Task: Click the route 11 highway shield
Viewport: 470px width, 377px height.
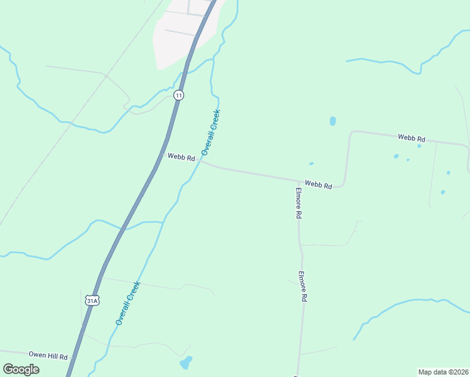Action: pos(179,95)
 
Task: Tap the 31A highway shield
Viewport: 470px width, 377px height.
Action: pos(92,300)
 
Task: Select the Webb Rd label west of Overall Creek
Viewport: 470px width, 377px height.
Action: pos(181,157)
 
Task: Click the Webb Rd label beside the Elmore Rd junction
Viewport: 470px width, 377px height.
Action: pos(318,185)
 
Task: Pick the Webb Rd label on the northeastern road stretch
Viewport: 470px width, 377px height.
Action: pos(412,138)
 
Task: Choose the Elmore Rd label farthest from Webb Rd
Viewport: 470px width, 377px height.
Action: pos(302,287)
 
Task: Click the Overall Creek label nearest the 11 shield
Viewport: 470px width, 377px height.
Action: pos(211,133)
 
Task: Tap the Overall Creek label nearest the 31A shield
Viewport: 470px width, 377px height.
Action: pos(128,303)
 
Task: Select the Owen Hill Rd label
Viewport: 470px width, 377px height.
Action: pos(47,356)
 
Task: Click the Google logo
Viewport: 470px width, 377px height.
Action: pos(21,369)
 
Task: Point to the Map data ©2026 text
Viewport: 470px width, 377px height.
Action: pos(443,372)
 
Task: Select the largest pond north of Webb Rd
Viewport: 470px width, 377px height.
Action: pos(332,121)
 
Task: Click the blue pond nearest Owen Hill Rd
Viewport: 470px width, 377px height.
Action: pos(186,363)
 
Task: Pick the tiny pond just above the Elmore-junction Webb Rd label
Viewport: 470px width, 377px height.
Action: pos(311,164)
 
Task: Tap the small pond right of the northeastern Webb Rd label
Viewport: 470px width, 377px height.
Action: pos(419,146)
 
